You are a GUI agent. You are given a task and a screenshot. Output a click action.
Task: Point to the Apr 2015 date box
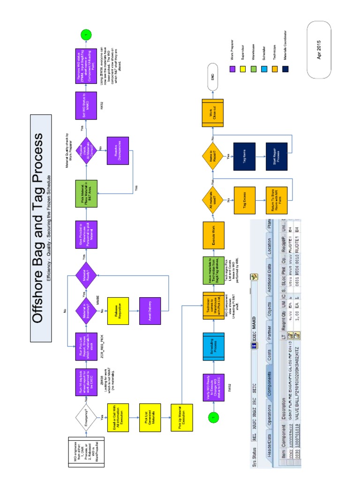[318, 51]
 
